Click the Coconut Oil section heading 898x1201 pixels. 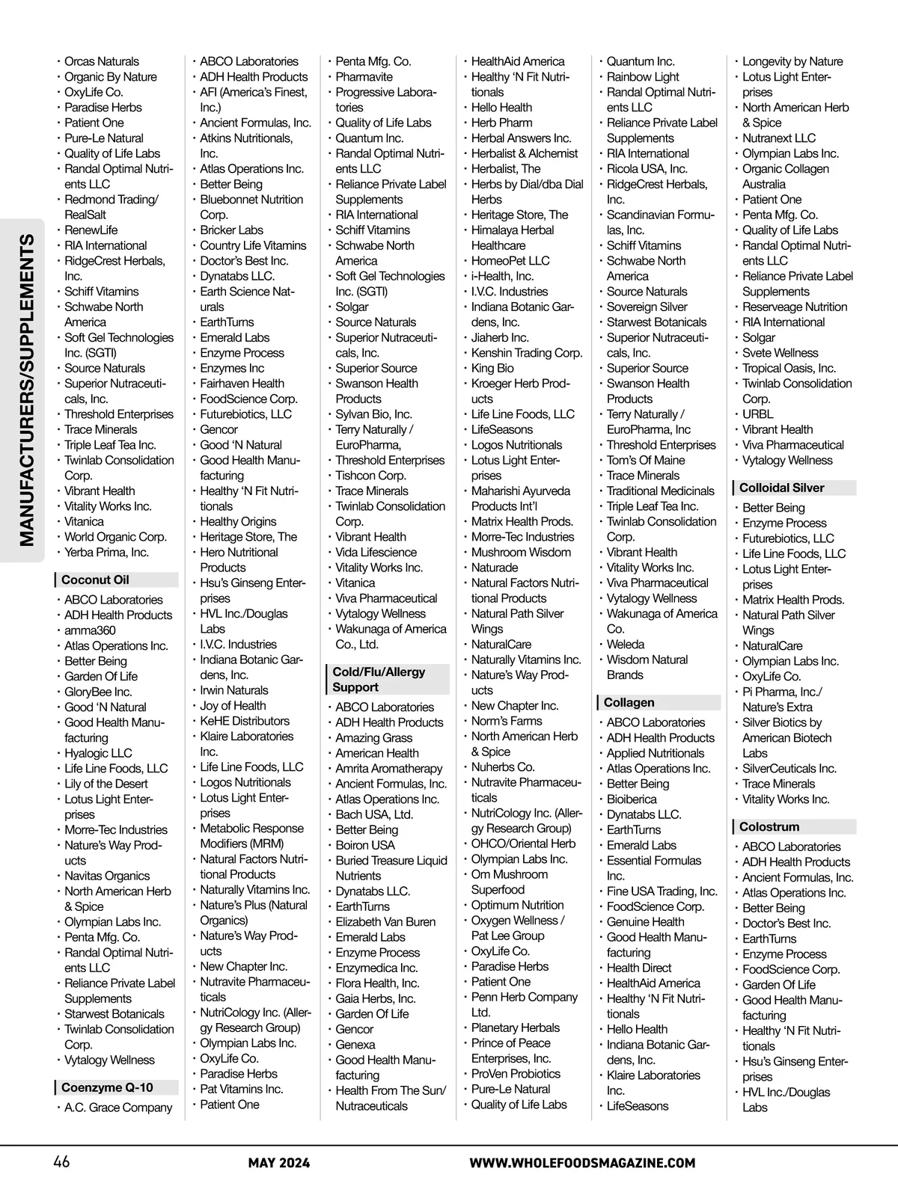95,580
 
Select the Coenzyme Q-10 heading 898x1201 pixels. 107,1087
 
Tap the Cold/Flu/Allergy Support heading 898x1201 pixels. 379,679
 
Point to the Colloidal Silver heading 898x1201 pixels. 781,488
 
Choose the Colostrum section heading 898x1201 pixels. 769,826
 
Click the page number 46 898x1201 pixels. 61,1162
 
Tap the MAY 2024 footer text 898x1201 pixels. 279,1163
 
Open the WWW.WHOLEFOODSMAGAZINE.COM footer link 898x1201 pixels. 582,1163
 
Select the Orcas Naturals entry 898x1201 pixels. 102,61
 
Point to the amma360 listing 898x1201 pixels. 90,630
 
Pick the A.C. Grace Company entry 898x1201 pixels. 118,1108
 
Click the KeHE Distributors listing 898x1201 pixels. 245,721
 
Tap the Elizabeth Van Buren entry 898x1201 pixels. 385,921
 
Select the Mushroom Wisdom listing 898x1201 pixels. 521,552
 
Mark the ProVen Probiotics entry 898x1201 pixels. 516,1073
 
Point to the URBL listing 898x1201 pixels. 757,414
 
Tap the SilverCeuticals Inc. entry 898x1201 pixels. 789,768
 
